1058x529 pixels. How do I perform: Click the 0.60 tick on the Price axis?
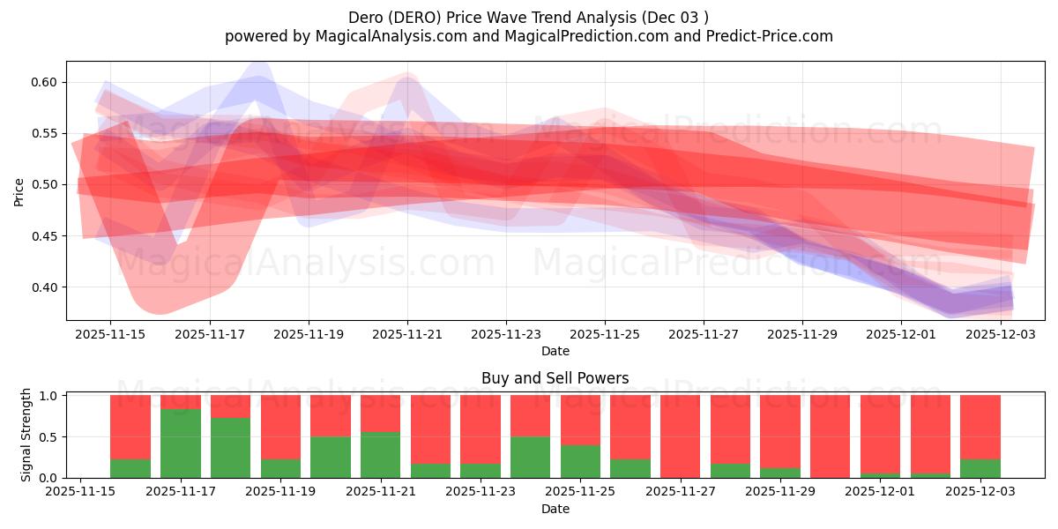coord(44,82)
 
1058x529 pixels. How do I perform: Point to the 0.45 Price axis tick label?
coord(44,236)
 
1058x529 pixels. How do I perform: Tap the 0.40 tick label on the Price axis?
coord(44,287)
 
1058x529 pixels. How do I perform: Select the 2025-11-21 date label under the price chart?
coord(407,335)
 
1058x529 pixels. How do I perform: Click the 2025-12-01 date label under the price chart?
coord(901,335)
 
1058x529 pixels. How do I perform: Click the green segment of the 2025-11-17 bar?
coord(180,443)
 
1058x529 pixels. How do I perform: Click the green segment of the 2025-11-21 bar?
coord(380,455)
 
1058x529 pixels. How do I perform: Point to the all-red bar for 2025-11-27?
coord(680,436)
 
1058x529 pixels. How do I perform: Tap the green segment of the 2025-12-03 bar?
coord(980,468)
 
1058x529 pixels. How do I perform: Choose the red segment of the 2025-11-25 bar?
coord(580,420)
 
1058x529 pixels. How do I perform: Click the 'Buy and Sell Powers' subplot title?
coord(555,378)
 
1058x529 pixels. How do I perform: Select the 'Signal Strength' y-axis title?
coord(26,435)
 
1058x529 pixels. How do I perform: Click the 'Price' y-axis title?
coord(19,190)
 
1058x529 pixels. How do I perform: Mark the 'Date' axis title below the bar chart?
coord(555,509)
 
